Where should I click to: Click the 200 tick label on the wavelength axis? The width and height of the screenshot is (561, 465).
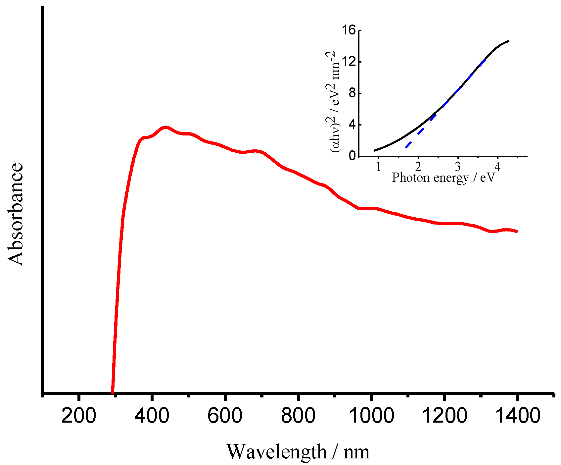(79, 416)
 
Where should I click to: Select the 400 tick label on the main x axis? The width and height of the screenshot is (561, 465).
(152, 416)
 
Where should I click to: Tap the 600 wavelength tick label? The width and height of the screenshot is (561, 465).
(225, 416)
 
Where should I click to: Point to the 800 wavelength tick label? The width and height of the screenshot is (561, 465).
(298, 416)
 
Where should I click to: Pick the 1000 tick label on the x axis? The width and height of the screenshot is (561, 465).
(371, 416)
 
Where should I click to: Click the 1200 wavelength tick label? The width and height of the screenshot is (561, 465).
(444, 416)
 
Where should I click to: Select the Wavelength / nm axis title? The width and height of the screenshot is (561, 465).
(298, 451)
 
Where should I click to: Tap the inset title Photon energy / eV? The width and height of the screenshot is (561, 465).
(444, 178)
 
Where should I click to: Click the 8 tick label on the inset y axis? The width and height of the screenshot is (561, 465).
(353, 93)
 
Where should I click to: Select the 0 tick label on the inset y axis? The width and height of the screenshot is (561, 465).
(353, 156)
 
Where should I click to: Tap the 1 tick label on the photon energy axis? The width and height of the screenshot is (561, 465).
(379, 166)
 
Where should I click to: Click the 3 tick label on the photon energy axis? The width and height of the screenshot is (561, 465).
(458, 166)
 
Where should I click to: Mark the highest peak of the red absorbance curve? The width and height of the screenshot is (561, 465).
(165, 128)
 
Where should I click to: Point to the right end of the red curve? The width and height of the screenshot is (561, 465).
(517, 232)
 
